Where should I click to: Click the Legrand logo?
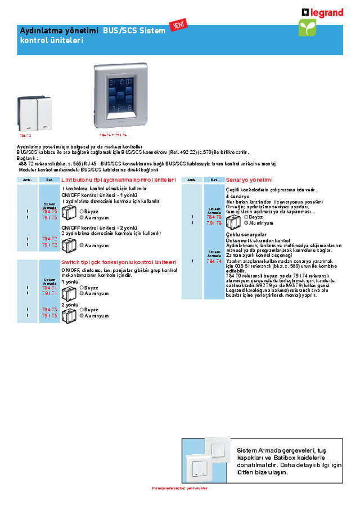coord(322,12)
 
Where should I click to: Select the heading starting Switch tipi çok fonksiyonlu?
coord(119,262)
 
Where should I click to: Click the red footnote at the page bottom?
coord(180,488)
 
